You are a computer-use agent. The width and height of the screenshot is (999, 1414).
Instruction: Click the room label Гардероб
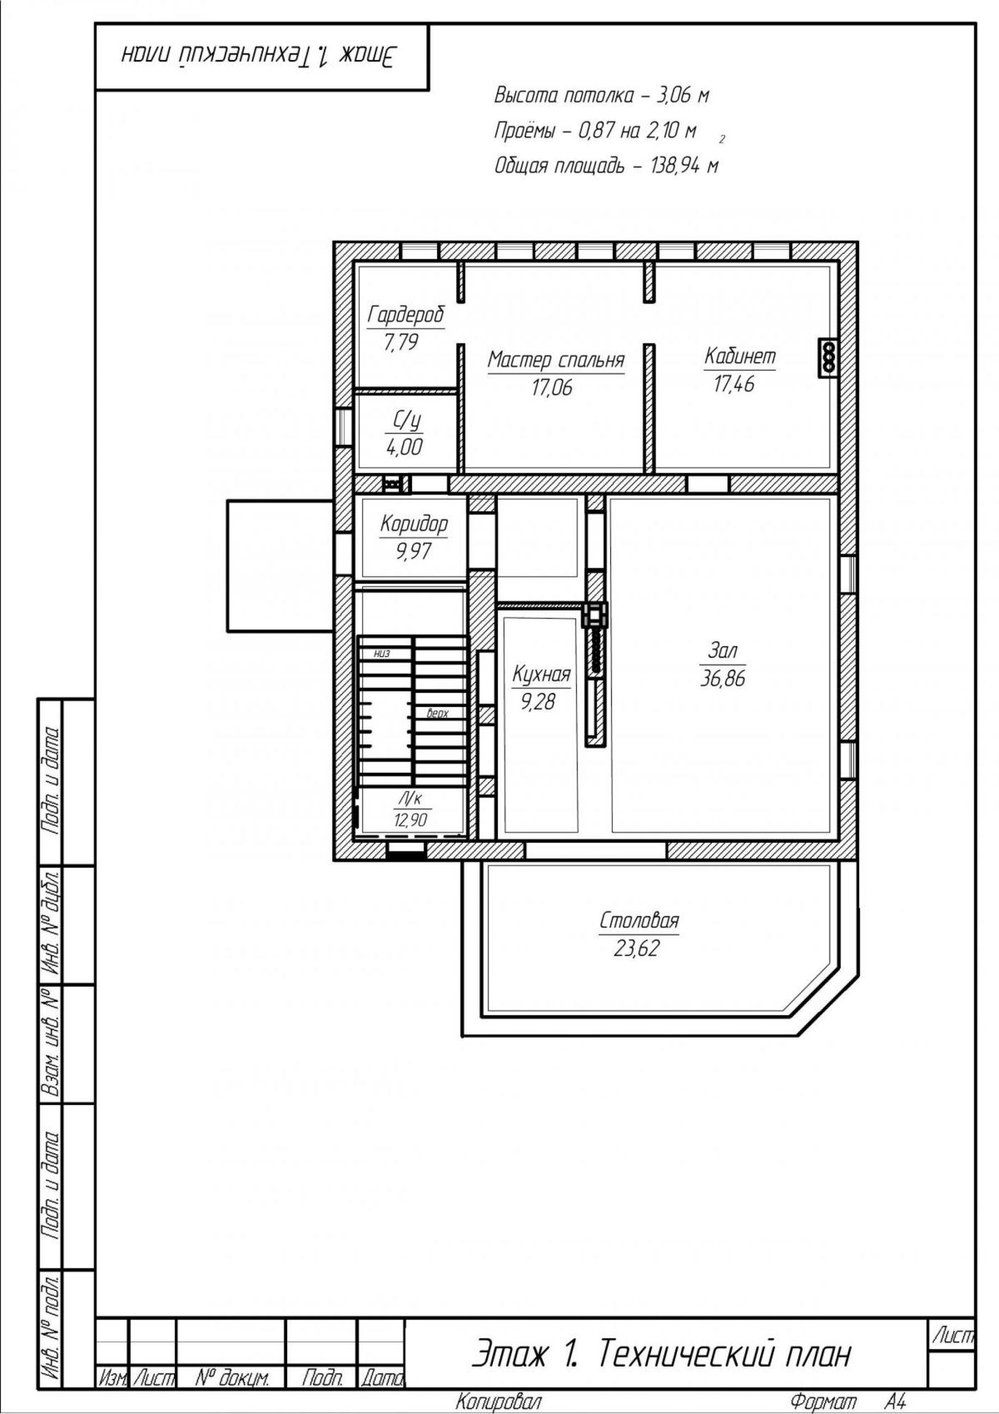coord(406,315)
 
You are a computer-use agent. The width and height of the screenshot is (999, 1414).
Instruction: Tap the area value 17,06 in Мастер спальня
coord(552,387)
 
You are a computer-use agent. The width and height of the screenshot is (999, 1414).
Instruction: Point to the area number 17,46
coord(735,384)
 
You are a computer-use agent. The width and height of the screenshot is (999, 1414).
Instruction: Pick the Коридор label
coord(414,524)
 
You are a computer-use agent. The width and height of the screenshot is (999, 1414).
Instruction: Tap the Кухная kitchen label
coord(542,674)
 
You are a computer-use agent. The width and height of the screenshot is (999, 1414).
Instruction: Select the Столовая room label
coord(639,921)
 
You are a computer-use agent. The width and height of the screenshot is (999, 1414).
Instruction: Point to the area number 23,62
coord(636,948)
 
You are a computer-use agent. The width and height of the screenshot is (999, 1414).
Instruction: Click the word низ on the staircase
coord(382,653)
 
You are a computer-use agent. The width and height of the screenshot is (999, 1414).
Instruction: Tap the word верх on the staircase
coord(438,713)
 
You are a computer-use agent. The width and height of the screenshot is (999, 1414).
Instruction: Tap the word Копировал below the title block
coord(498,1401)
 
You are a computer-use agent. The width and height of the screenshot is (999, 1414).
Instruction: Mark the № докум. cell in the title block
coord(231,1377)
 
